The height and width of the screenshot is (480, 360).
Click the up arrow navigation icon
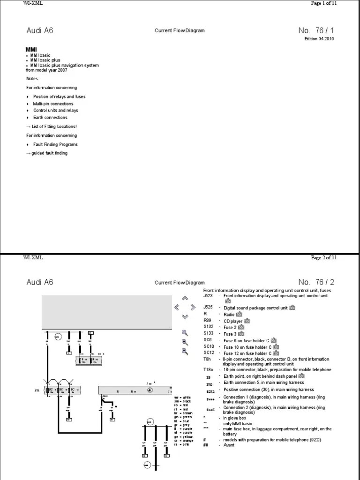click(x=185, y=298)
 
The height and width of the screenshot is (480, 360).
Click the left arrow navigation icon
click(x=176, y=307)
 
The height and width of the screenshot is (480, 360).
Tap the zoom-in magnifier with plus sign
click(x=185, y=342)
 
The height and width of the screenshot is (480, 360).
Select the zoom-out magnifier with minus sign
click(x=185, y=351)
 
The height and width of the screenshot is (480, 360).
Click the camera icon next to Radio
click(x=239, y=314)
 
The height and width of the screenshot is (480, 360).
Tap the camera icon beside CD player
click(x=247, y=321)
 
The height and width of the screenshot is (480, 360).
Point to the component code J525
click(x=208, y=307)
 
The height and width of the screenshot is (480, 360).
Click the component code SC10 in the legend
click(x=209, y=347)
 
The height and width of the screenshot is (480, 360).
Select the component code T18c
click(x=208, y=370)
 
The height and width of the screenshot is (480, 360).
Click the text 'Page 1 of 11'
click(x=324, y=3)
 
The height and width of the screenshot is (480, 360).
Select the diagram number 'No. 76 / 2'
click(x=316, y=282)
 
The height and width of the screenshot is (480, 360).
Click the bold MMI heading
click(x=31, y=49)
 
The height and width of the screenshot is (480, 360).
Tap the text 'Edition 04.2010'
click(x=320, y=39)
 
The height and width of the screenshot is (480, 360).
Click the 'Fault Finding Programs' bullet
click(x=55, y=144)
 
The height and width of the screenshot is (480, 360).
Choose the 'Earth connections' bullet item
click(x=50, y=118)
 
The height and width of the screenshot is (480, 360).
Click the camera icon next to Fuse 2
click(x=241, y=327)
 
